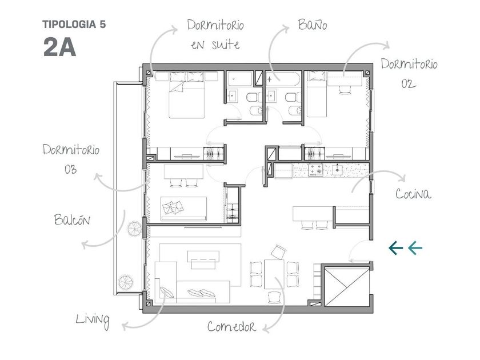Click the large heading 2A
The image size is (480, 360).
click(59, 47)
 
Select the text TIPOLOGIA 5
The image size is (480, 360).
click(74, 25)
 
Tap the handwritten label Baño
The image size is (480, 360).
click(313, 25)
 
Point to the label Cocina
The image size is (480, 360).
click(413, 194)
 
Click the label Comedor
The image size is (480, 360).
click(231, 326)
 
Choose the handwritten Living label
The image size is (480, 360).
click(93, 320)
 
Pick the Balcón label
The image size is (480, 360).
click(72, 219)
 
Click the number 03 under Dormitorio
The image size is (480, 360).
click(70, 170)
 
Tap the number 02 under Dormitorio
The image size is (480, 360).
click(409, 83)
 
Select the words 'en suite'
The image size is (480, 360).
click(215, 45)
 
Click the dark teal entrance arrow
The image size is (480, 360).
click(395, 247)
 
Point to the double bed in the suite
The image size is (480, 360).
click(187, 95)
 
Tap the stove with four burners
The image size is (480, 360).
click(315, 170)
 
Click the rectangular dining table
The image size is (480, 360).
click(274, 274)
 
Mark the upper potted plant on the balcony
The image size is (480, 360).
click(134, 229)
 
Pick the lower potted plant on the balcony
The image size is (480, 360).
click(126, 282)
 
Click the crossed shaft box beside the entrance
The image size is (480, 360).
click(347, 286)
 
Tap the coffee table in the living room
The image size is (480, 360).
click(203, 259)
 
